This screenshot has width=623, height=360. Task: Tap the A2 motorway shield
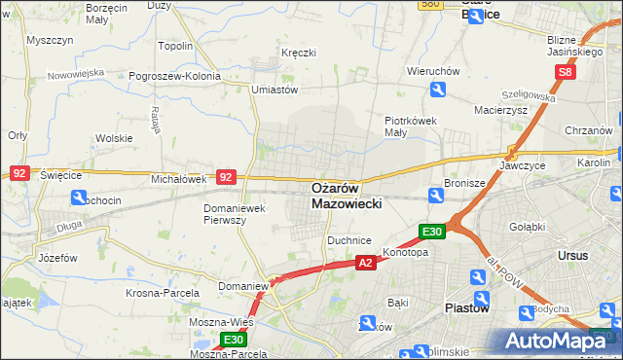click(x=365, y=263)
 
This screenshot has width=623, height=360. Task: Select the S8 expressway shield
click(x=567, y=72)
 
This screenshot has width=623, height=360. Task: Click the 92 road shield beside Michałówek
click(x=226, y=177)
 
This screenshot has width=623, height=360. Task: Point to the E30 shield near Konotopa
click(x=432, y=232)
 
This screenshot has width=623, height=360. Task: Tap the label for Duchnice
click(x=349, y=238)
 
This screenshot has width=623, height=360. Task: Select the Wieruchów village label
click(x=432, y=71)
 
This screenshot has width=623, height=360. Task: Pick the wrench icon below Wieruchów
click(x=438, y=90)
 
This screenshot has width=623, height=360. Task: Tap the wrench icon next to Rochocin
click(x=78, y=198)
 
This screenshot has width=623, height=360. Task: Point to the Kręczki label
click(x=298, y=53)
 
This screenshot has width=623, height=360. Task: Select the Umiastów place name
click(x=274, y=90)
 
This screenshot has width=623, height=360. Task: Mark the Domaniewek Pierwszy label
click(x=234, y=214)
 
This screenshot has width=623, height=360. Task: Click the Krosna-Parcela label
click(x=162, y=292)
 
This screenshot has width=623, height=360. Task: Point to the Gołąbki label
click(x=527, y=226)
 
